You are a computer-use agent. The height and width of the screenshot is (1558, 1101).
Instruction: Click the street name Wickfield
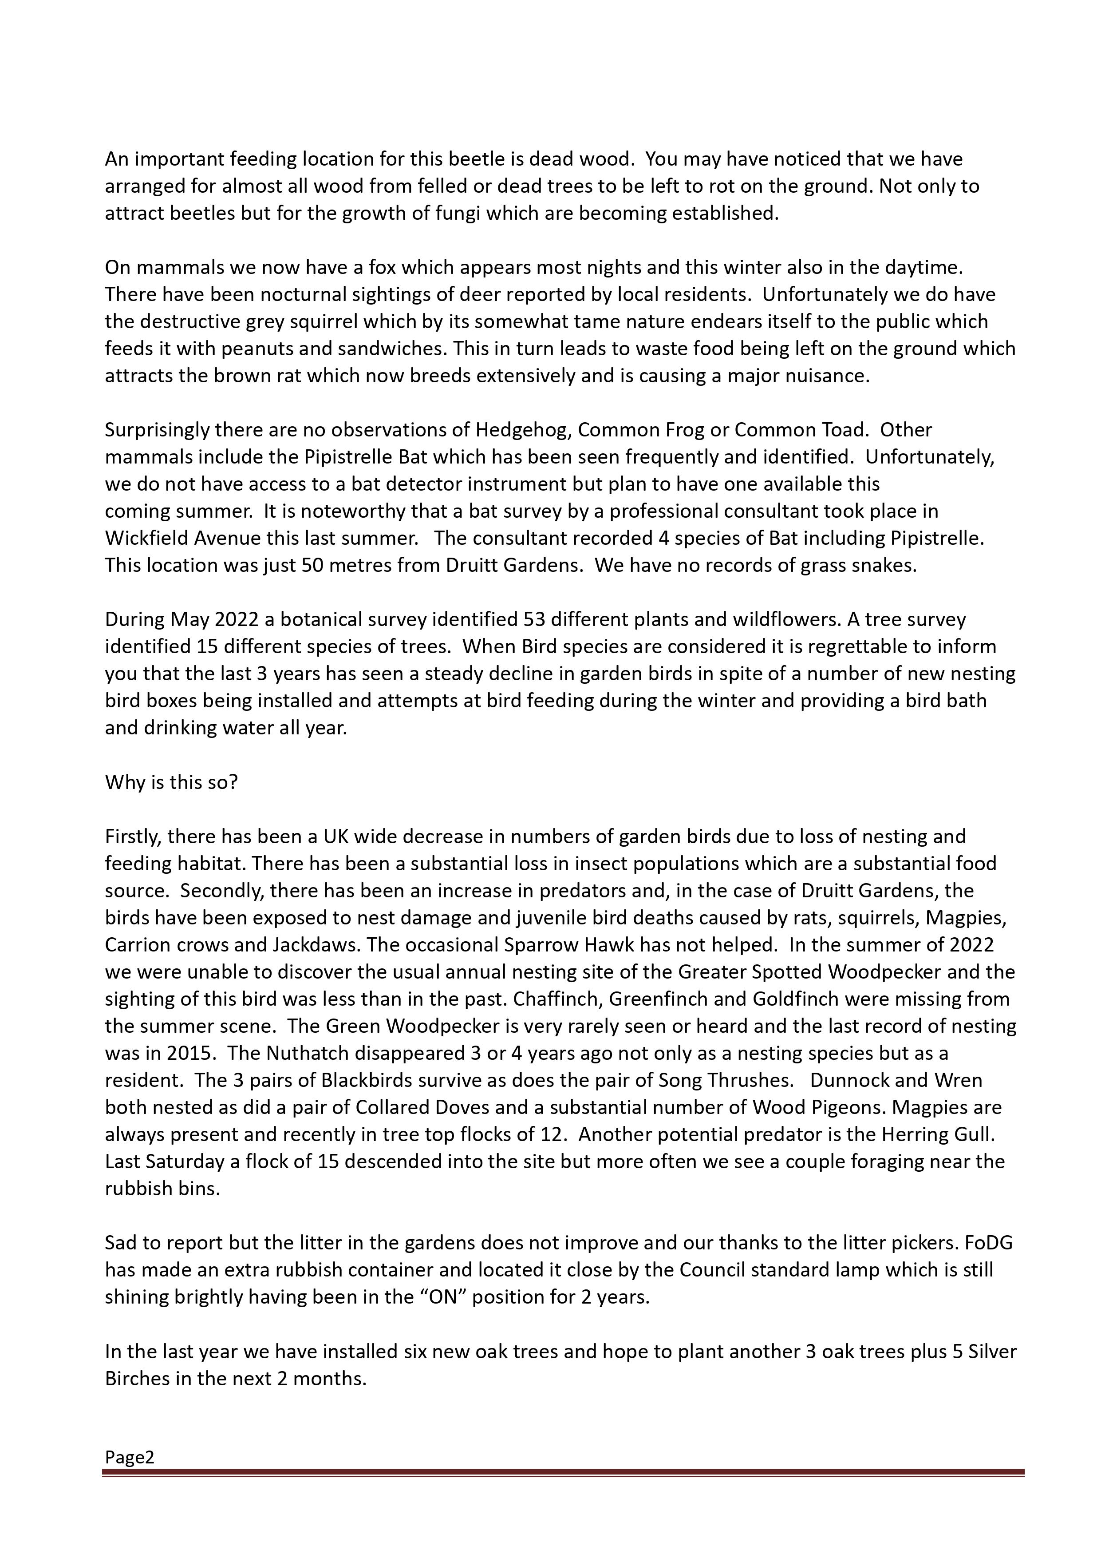146,538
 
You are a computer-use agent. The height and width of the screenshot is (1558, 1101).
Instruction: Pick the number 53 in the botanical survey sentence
535,619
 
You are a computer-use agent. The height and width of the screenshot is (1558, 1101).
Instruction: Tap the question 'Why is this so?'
172,782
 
